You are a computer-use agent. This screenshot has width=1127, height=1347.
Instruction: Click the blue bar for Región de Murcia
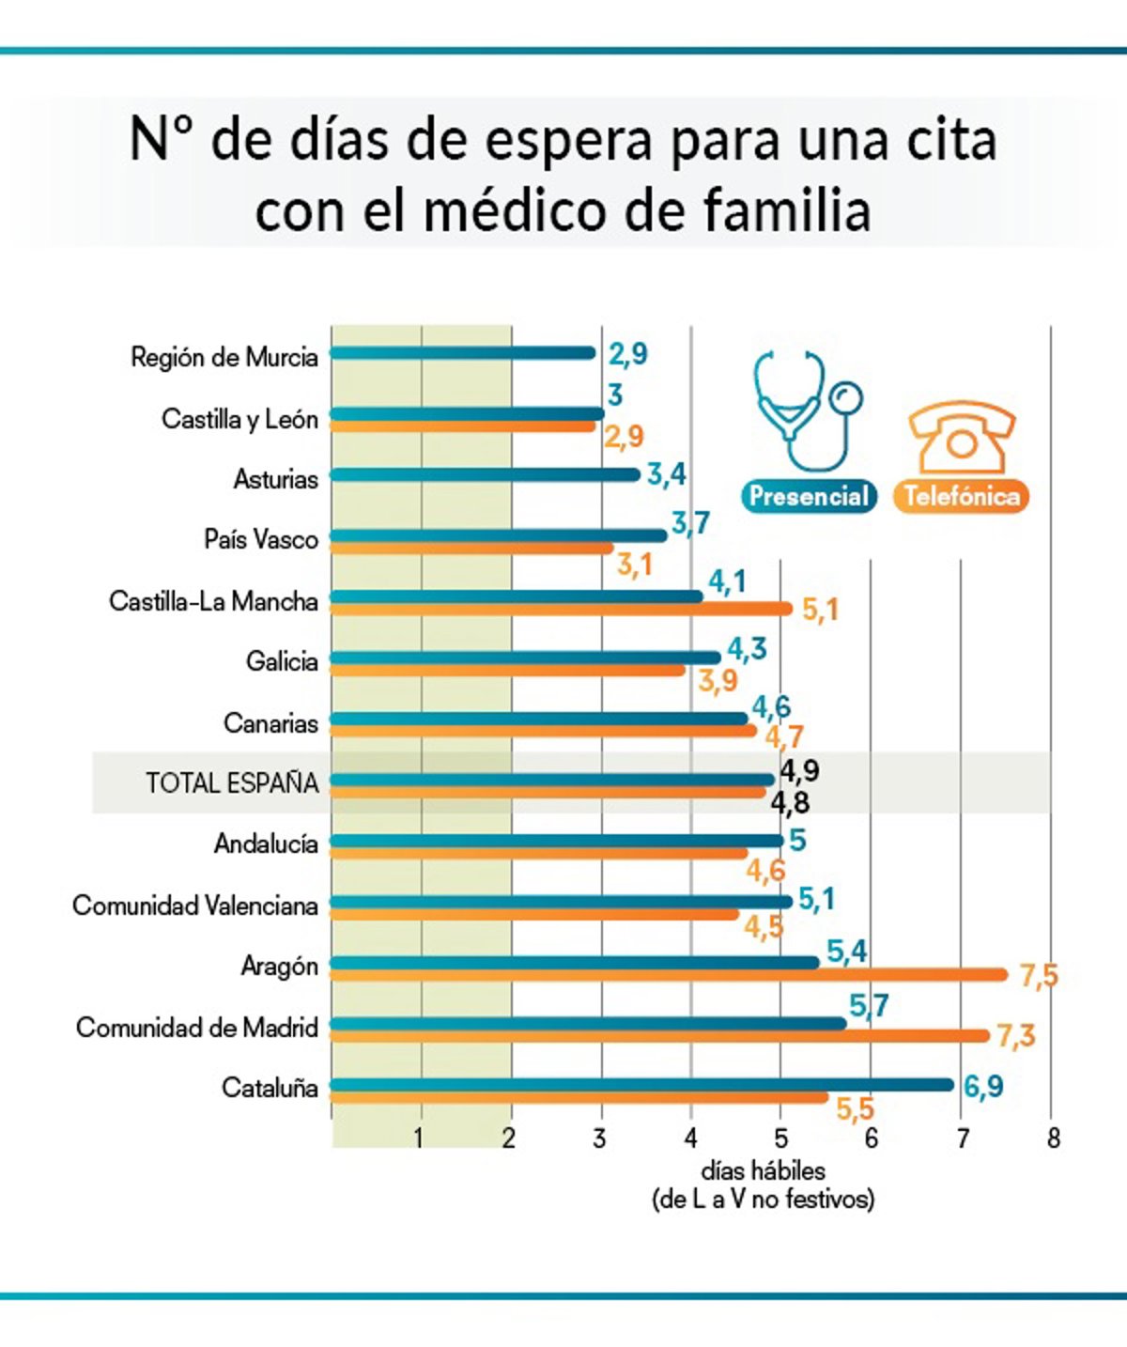tap(463, 353)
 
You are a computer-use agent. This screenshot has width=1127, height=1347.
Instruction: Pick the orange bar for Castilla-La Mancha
tap(562, 609)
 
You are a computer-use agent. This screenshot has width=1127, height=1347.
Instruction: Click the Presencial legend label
tap(809, 496)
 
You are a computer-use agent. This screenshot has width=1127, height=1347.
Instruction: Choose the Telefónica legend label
tap(961, 496)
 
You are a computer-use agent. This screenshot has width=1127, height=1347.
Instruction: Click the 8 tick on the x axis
tap(1053, 1139)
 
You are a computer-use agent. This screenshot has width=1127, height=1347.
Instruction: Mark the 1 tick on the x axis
tap(419, 1139)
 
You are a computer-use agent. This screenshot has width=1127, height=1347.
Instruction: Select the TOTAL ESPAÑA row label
tap(232, 782)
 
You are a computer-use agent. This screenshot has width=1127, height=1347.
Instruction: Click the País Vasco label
tap(261, 539)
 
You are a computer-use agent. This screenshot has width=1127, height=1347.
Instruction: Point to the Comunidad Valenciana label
tap(195, 906)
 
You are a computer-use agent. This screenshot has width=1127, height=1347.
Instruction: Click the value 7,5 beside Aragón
tap(1039, 976)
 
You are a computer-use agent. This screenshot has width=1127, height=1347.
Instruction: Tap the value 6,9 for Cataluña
tap(983, 1087)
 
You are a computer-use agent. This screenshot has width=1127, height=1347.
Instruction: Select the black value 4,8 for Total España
tap(790, 803)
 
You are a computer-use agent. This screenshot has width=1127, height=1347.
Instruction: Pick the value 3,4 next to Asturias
tap(666, 474)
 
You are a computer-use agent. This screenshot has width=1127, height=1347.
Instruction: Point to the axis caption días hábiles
tap(763, 1171)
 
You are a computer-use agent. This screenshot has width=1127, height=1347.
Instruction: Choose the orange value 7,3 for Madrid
tap(1015, 1036)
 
